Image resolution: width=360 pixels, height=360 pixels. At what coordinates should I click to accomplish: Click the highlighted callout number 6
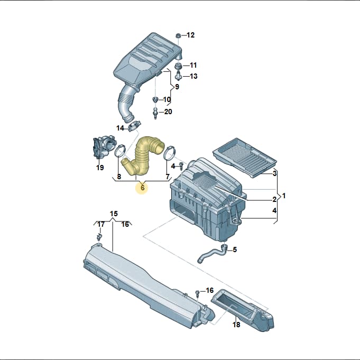(142, 188)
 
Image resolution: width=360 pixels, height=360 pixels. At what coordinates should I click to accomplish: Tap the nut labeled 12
(178, 35)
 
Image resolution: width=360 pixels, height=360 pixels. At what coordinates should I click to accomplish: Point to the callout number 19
(100, 168)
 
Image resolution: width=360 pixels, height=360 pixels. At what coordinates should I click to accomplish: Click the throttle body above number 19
(103, 147)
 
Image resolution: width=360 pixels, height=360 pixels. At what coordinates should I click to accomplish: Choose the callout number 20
(168, 112)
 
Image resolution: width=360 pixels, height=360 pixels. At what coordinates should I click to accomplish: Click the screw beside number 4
(181, 166)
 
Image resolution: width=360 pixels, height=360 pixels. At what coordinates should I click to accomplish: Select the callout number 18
(236, 325)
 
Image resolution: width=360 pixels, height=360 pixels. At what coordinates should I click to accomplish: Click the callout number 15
(114, 214)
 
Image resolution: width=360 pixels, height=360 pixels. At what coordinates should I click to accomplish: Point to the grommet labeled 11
(178, 66)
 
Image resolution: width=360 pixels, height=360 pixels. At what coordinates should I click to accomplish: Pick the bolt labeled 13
(178, 76)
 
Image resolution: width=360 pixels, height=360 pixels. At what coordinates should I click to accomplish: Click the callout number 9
(177, 87)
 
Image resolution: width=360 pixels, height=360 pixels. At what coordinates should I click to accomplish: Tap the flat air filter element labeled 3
(245, 158)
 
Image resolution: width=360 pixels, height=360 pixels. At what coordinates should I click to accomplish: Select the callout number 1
(284, 196)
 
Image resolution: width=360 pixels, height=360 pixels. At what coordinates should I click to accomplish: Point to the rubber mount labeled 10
(155, 99)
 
